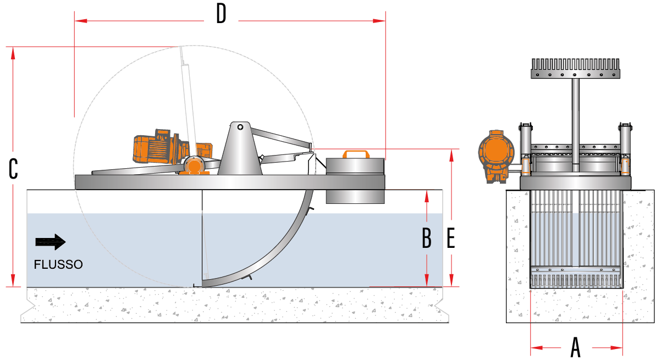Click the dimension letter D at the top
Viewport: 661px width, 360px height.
click(221, 14)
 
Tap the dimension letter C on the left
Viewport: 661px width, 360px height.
click(13, 169)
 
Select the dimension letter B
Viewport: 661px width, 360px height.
click(427, 237)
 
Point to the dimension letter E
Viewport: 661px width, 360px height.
click(450, 237)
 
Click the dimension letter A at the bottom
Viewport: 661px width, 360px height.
click(575, 347)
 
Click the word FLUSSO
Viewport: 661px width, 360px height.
click(58, 264)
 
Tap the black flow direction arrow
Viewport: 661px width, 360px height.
click(51, 242)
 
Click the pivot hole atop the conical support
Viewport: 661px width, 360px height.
click(240, 127)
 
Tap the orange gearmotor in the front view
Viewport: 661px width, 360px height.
click(497, 156)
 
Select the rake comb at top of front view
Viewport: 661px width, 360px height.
click(575, 68)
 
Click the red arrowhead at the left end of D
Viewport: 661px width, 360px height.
click(81, 21)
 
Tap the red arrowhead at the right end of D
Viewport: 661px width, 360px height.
click(379, 21)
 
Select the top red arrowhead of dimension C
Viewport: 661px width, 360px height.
click(13, 53)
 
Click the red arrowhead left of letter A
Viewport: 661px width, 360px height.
click(537, 347)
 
